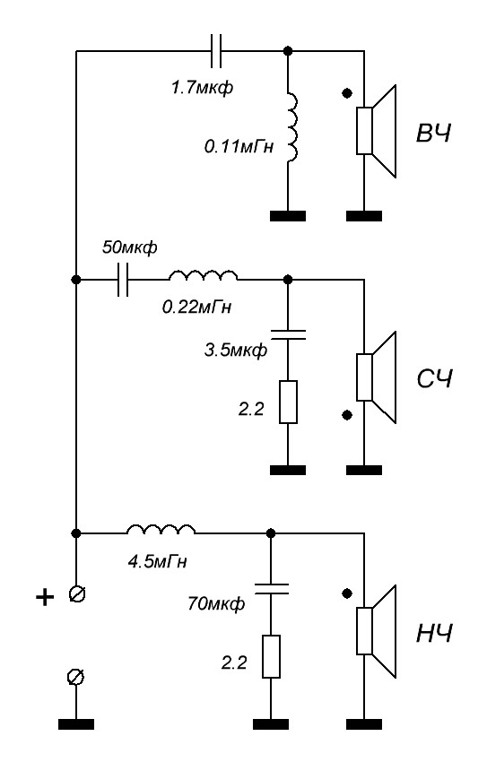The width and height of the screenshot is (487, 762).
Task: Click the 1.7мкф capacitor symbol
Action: pyautogui.click(x=216, y=50)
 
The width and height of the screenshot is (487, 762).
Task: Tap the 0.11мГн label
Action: pyautogui.click(x=239, y=146)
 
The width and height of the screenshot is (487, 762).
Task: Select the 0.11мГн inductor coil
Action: pyautogui.click(x=291, y=126)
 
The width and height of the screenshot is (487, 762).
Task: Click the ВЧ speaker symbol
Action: pyautogui.click(x=378, y=131)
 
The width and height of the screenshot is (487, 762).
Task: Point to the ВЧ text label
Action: pyautogui.click(x=433, y=134)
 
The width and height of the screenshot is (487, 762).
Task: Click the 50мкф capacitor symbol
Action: pyautogui.click(x=124, y=280)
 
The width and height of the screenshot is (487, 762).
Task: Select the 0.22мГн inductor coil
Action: pyautogui.click(x=204, y=275)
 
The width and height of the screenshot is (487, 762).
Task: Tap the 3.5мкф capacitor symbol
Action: pyautogui.click(x=288, y=333)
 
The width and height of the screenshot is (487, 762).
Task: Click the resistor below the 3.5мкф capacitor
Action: pyautogui.click(x=288, y=402)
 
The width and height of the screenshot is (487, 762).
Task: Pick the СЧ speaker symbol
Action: pyautogui.click(x=378, y=377)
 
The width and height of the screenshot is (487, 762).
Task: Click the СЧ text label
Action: pyautogui.click(x=434, y=379)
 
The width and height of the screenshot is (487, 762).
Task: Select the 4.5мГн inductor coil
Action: pyautogui.click(x=161, y=529)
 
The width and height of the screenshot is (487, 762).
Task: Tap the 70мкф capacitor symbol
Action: pyautogui.click(x=271, y=588)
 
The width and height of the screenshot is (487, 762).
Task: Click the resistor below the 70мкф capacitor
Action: pyautogui.click(x=271, y=656)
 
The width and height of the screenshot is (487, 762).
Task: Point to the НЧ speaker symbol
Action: pyautogui.click(x=378, y=631)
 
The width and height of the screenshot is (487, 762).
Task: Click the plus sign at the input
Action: pyautogui.click(x=45, y=597)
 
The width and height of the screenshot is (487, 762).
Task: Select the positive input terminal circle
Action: pyautogui.click(x=77, y=593)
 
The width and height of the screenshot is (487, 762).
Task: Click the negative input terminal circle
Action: pyautogui.click(x=76, y=677)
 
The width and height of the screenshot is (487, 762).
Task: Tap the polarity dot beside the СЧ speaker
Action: pyautogui.click(x=347, y=414)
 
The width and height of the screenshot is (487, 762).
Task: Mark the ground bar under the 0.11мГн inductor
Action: pyautogui.click(x=288, y=216)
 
